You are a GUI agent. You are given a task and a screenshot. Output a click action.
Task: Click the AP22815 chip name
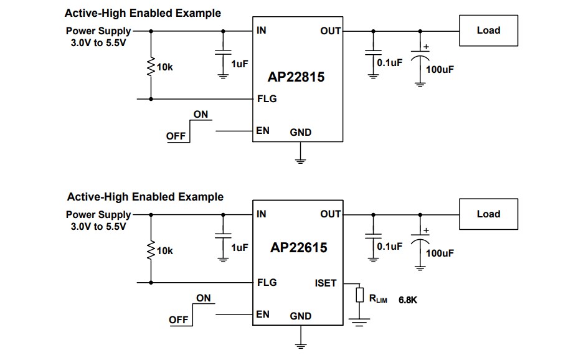(296, 78)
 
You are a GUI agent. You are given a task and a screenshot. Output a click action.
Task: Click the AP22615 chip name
(298, 247)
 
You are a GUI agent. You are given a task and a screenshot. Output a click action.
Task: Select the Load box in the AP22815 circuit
(488, 30)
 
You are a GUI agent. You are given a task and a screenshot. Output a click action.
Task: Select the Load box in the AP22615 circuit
(488, 214)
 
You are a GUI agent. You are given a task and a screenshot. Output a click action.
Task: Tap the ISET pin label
(325, 283)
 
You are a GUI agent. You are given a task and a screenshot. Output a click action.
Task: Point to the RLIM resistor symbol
(359, 295)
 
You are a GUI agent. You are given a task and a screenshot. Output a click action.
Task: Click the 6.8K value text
(407, 300)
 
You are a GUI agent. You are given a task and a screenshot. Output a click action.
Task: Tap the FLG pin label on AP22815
(267, 98)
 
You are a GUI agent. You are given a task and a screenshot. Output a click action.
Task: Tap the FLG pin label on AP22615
(267, 282)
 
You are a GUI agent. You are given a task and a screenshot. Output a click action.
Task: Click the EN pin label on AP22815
(263, 131)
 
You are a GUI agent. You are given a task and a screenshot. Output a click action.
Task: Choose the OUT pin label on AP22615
(330, 214)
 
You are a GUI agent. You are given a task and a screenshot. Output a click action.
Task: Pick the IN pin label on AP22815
(262, 30)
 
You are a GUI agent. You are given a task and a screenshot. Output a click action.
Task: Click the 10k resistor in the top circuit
(151, 67)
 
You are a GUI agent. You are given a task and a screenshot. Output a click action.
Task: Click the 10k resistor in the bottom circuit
(151, 250)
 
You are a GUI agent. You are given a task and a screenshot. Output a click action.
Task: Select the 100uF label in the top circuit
(440, 69)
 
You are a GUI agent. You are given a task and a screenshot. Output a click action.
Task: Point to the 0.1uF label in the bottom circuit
(390, 247)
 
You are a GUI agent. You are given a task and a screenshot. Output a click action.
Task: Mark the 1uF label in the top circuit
(239, 64)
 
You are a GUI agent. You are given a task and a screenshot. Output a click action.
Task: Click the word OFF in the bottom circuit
(178, 320)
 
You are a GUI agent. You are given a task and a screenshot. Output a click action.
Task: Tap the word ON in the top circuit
(201, 115)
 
